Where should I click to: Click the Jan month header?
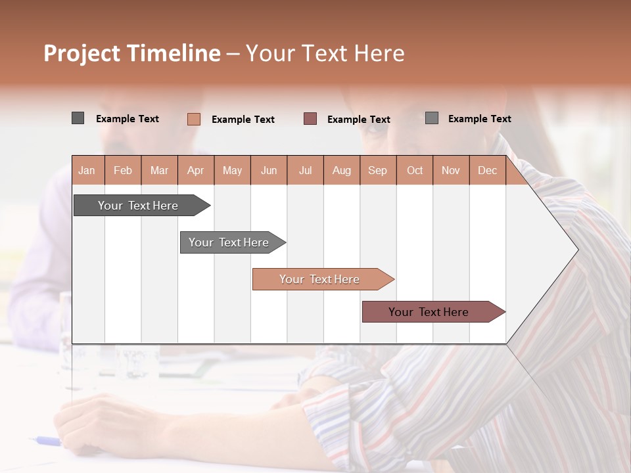click(87, 170)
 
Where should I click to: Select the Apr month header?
click(196, 170)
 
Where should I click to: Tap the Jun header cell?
click(269, 170)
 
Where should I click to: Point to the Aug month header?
click(342, 170)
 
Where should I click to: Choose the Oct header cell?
click(415, 170)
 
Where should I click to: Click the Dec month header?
click(488, 170)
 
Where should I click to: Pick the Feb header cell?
click(123, 170)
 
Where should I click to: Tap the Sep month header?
click(378, 170)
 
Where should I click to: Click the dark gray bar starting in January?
click(138, 206)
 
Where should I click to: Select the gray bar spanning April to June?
click(229, 242)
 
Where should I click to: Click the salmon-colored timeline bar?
click(319, 279)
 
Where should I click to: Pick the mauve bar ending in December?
click(429, 312)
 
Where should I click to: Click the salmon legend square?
click(194, 119)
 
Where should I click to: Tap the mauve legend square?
click(310, 119)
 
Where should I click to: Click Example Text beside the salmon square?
click(243, 120)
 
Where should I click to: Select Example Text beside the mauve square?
click(359, 120)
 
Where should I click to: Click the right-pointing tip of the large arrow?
click(576, 250)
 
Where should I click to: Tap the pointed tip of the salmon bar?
click(392, 279)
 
